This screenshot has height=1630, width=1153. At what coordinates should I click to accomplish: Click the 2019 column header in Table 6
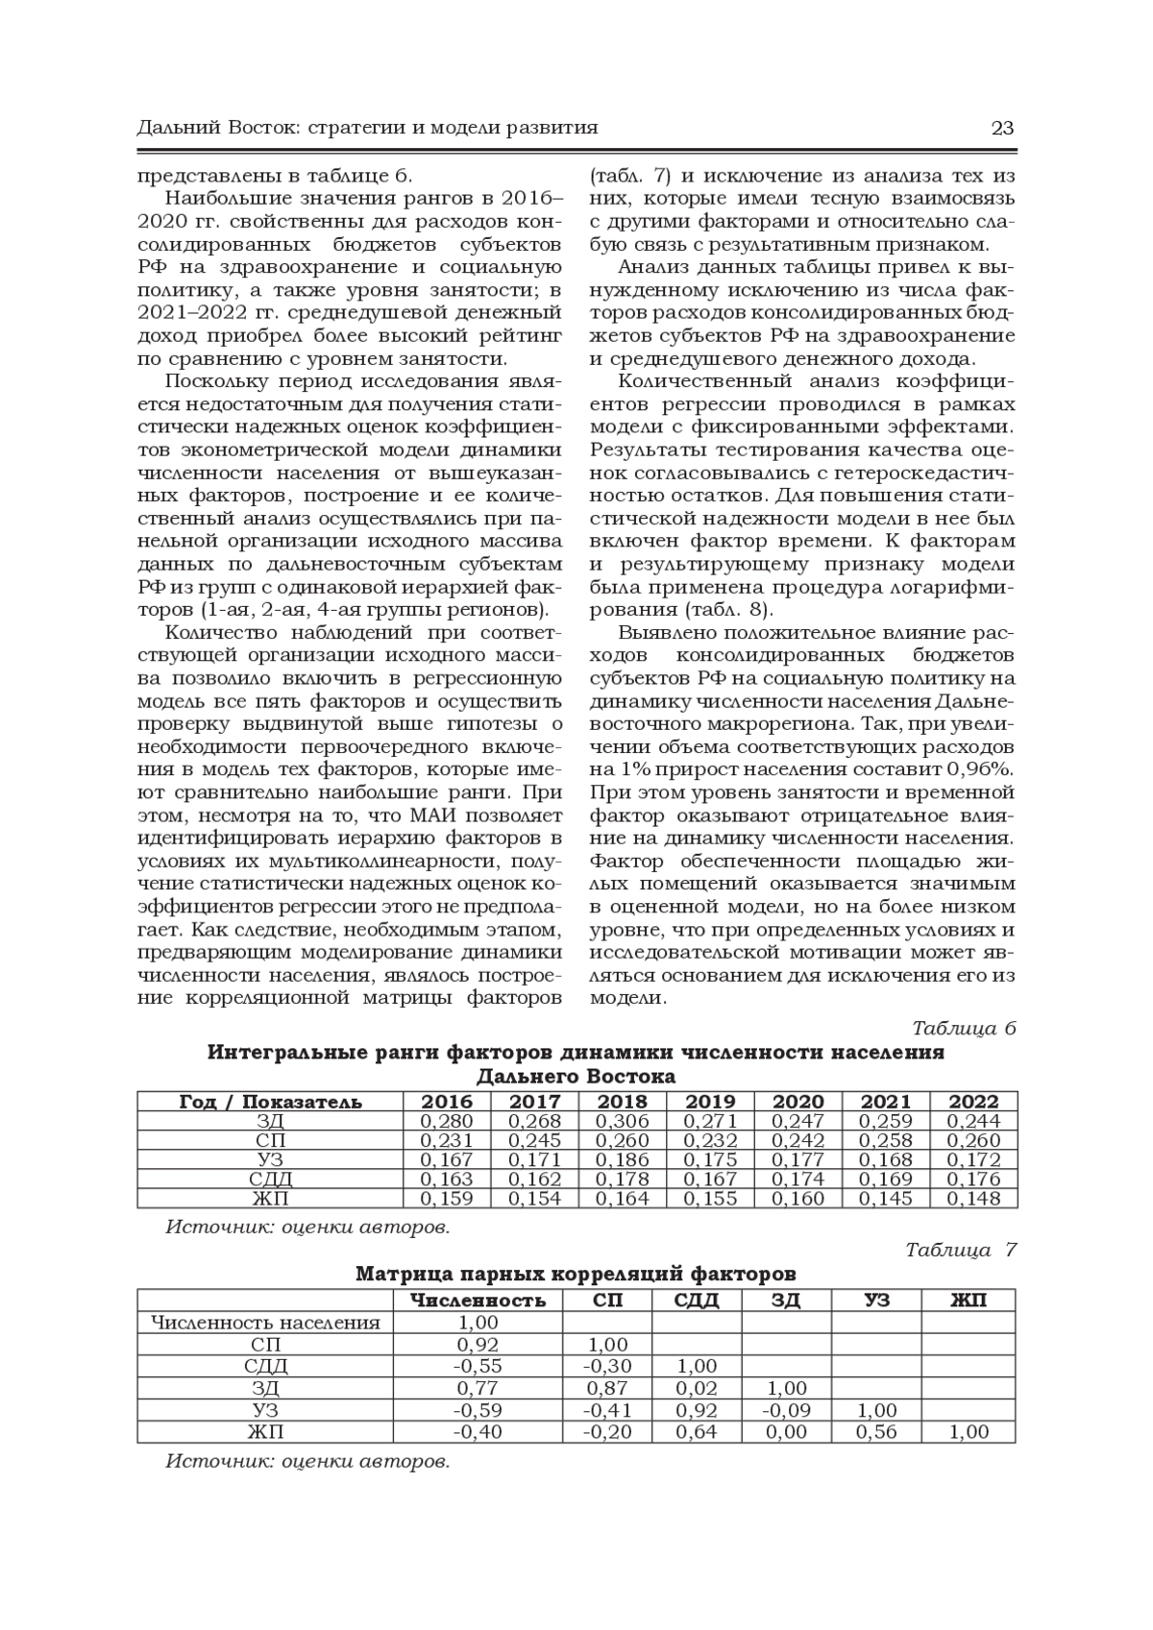coord(711,1102)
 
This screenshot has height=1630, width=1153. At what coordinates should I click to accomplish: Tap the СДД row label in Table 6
coord(270,1179)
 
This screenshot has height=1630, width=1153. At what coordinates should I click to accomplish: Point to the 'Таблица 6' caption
coord(963,1028)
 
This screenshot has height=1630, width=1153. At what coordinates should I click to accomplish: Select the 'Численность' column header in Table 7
coord(478,1301)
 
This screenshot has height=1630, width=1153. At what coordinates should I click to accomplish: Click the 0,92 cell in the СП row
coord(478,1345)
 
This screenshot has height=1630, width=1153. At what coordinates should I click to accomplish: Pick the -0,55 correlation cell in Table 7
coord(478,1366)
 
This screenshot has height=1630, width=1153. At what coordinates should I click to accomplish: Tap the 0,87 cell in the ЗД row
coord(606,1388)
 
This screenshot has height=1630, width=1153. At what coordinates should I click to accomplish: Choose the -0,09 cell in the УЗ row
coord(787,1410)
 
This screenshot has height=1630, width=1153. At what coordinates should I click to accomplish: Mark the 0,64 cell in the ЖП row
coord(697,1432)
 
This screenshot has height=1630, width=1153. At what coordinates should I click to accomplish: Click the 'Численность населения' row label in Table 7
coord(266,1323)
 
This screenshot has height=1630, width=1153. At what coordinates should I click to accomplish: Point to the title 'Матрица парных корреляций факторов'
coord(576,1275)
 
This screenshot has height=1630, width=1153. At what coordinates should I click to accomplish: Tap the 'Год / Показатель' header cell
coord(270,1102)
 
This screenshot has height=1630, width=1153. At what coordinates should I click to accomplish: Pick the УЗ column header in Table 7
coord(876,1301)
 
